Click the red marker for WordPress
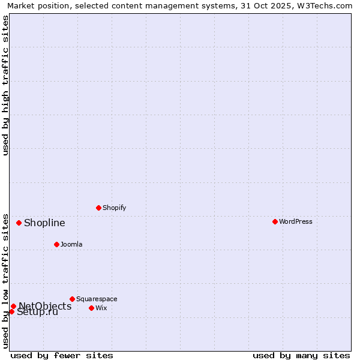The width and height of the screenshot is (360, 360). [275, 221]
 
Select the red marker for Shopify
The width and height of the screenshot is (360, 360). [98, 208]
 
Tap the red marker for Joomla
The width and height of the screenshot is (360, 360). [56, 244]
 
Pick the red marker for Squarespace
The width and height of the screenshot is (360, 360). [72, 299]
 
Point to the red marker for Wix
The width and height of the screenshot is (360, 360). [91, 308]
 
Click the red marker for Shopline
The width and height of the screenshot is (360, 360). [19, 223]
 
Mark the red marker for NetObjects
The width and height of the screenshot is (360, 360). [13, 306]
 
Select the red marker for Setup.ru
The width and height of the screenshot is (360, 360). [11, 311]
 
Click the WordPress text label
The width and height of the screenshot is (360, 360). [296, 221]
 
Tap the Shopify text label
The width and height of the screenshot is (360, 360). [114, 208]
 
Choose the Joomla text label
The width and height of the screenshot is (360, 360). [71, 244]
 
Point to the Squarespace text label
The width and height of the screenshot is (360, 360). [97, 299]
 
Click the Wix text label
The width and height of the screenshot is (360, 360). [101, 308]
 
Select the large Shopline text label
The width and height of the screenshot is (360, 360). [44, 223]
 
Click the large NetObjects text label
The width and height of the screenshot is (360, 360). [45, 306]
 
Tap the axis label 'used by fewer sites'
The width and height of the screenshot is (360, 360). [62, 355]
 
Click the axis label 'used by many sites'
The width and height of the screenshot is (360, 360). [301, 355]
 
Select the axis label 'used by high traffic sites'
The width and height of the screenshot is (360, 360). [6, 85]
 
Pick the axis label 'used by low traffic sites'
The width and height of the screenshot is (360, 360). [6, 281]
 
